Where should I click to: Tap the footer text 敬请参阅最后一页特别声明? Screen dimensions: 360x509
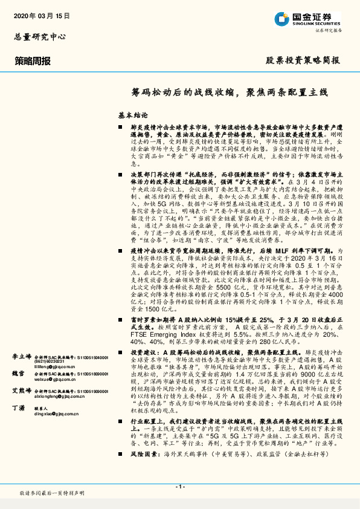pos(52,494)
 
